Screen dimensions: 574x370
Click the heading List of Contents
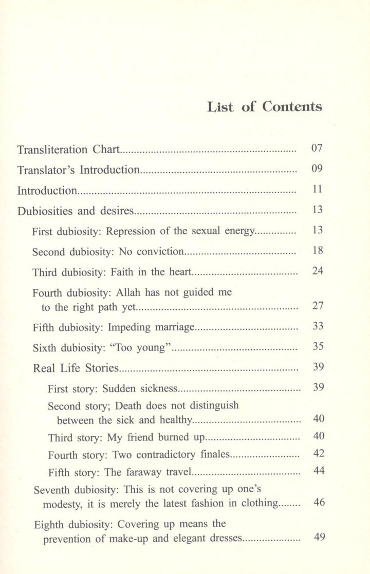(264, 107)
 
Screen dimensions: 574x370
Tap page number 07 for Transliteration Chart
(317, 149)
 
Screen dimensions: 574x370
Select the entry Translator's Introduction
(78, 170)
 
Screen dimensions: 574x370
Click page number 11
(317, 189)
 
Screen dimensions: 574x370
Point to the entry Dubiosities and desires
(76, 211)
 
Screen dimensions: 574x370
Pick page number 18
(317, 251)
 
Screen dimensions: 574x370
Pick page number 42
(319, 453)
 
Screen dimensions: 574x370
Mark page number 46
(319, 502)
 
